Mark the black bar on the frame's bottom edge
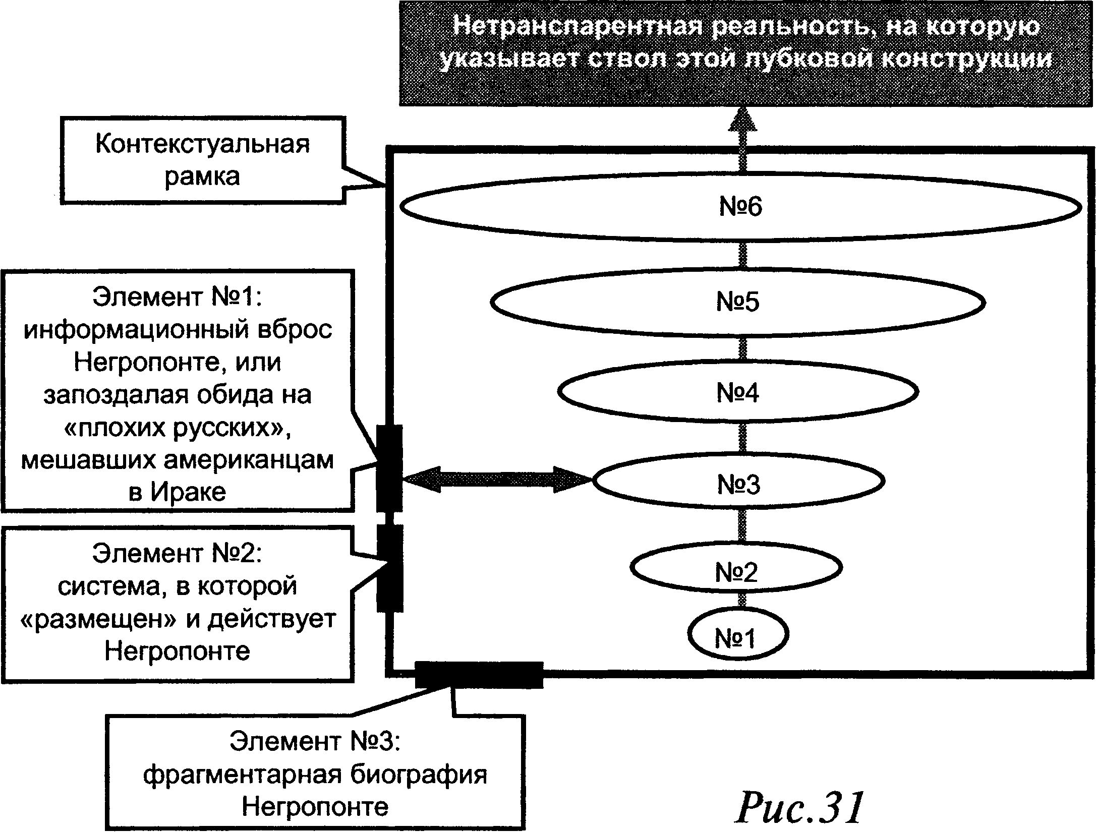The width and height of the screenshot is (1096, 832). pos(479,675)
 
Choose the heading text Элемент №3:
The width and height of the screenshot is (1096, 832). pos(315,741)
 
